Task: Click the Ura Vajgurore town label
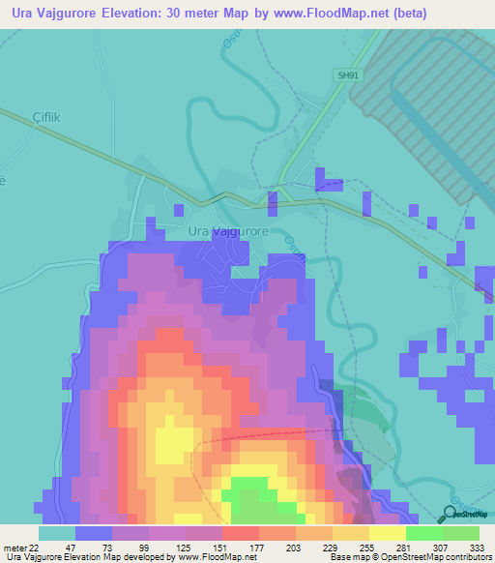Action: pos(227,232)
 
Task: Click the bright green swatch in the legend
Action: pos(424,533)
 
